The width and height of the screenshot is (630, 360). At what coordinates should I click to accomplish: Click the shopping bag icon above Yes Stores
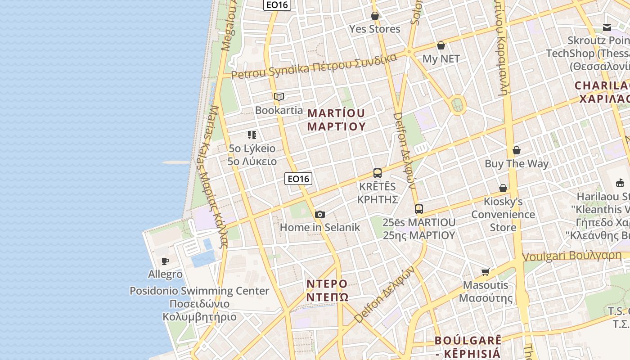click(375, 16)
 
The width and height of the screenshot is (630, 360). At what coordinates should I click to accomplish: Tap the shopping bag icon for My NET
click(441, 45)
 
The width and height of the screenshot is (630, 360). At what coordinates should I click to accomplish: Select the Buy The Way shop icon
click(517, 150)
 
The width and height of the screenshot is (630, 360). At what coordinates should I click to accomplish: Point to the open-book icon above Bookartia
click(279, 97)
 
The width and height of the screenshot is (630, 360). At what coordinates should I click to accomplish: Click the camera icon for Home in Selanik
click(320, 214)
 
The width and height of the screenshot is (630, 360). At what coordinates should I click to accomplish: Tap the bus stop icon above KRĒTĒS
click(378, 173)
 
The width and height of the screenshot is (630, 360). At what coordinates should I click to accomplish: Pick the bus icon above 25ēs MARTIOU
click(419, 209)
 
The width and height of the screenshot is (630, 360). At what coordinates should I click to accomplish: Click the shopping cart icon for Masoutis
click(486, 271)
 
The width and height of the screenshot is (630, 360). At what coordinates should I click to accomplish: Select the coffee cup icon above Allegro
click(165, 261)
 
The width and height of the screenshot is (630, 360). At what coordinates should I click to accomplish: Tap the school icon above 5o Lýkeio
click(252, 135)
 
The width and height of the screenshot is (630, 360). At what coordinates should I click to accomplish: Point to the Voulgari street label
click(571, 256)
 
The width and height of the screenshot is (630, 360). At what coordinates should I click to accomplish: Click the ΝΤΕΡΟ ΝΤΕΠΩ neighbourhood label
click(327, 290)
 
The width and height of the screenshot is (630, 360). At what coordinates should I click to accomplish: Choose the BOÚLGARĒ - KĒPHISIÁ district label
click(468, 346)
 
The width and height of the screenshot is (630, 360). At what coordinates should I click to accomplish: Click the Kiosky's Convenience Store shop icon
click(503, 188)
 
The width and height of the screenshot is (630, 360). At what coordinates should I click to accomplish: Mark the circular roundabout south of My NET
click(458, 105)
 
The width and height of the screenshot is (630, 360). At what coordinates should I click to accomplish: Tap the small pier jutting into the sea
click(176, 162)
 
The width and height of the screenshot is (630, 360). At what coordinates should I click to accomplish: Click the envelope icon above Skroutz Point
click(607, 27)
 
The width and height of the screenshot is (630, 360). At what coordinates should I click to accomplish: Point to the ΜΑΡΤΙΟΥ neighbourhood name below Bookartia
click(336, 119)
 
